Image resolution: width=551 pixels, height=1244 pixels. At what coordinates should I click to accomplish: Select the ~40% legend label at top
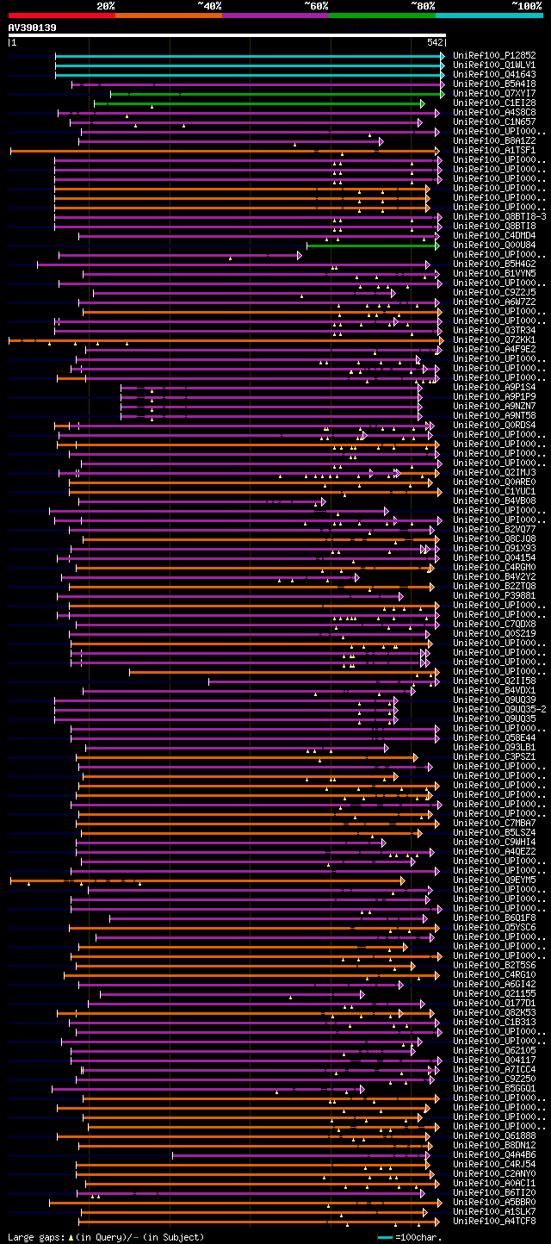[x=209, y=6]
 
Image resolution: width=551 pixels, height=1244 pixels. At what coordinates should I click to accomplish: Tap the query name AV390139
[x=33, y=28]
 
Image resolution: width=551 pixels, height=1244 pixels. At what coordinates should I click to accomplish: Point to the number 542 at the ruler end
[x=435, y=41]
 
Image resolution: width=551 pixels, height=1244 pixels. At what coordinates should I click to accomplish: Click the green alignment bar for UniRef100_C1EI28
[x=258, y=103]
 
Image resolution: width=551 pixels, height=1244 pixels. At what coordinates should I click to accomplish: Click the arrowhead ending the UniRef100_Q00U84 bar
[x=437, y=246]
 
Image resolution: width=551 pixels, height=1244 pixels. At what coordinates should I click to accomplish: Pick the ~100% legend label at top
[x=526, y=6]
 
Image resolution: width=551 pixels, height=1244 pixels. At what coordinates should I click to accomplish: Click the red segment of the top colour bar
[x=60, y=15]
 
